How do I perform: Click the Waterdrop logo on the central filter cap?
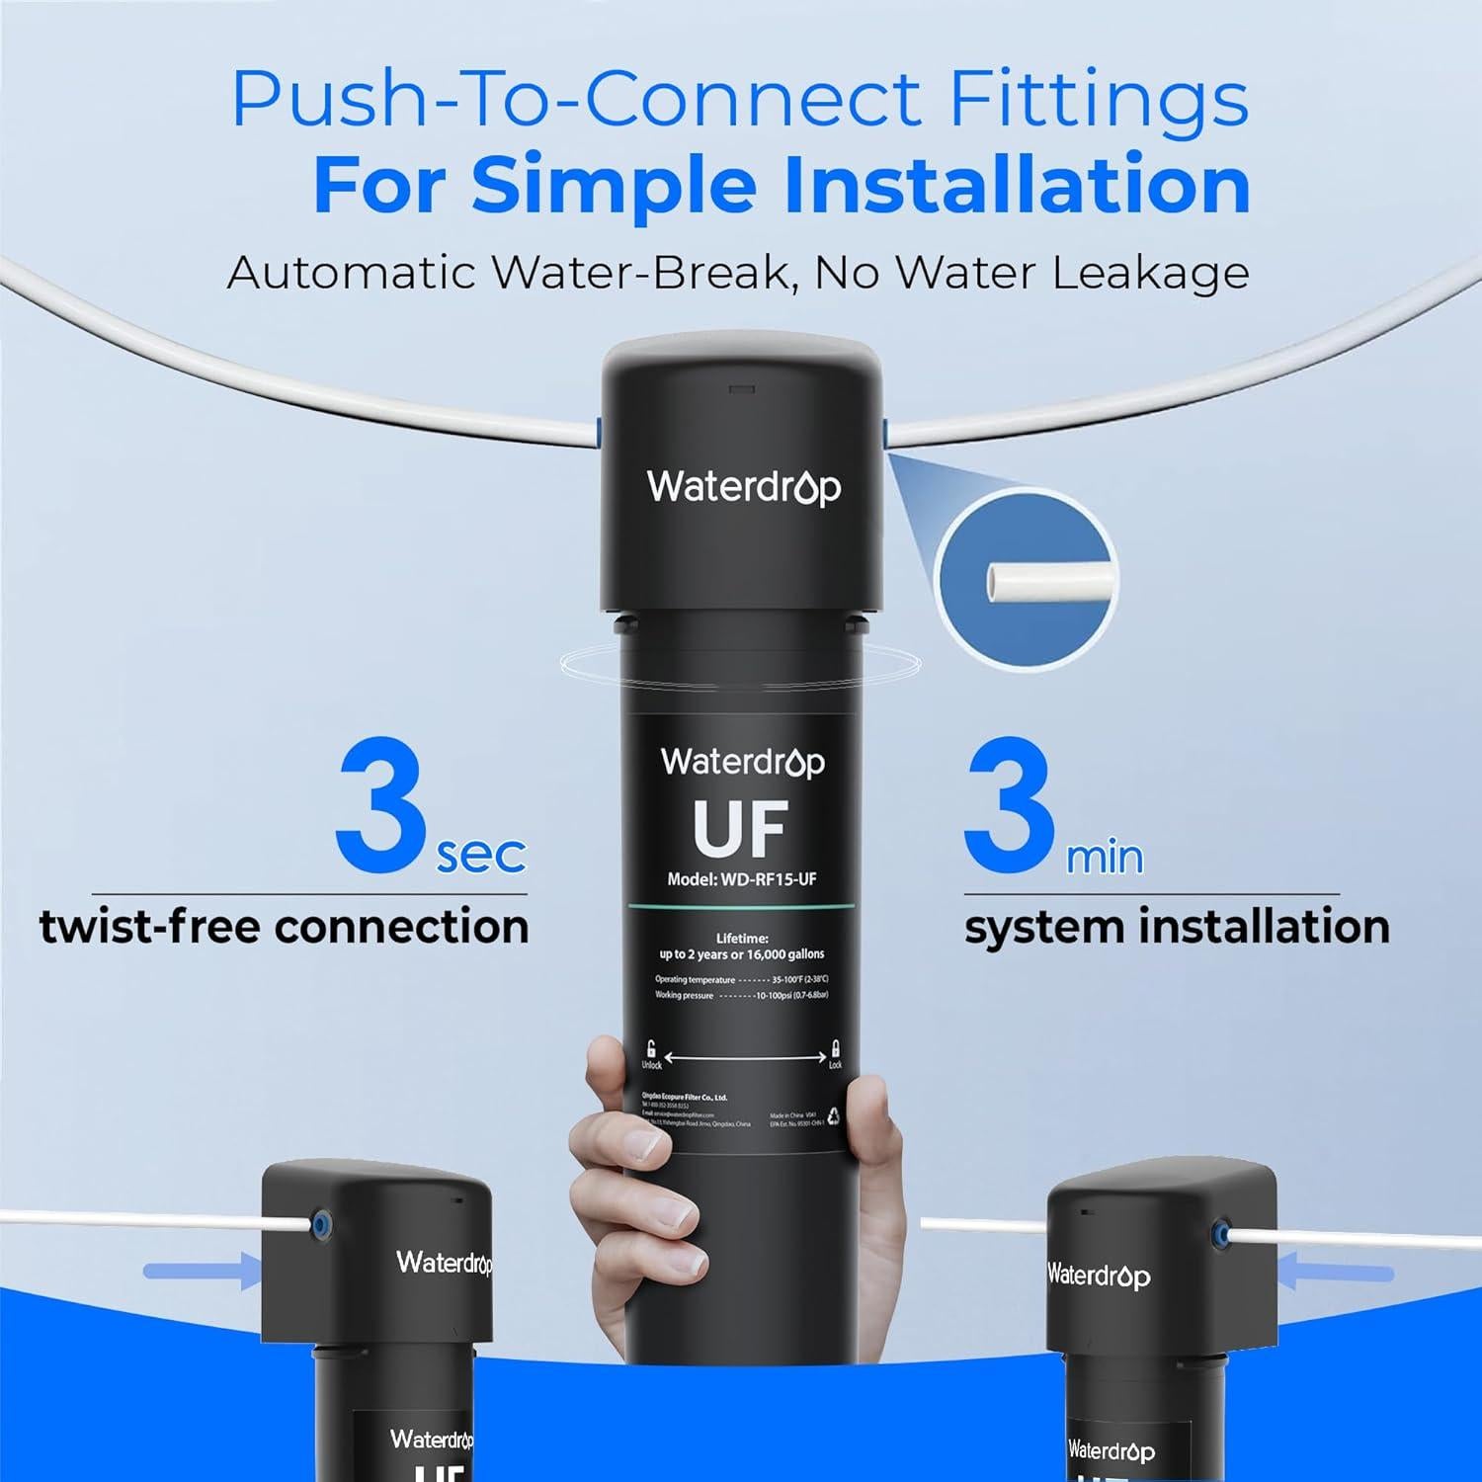pyautogui.click(x=743, y=486)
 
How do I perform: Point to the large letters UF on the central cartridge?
pyautogui.click(x=741, y=828)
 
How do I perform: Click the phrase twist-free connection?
pyautogui.click(x=285, y=927)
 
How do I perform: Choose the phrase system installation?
pyautogui.click(x=1177, y=927)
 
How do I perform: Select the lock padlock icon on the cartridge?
pyautogui.click(x=836, y=1047)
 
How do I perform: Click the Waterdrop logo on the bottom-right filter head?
pyautogui.click(x=1099, y=1276)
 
